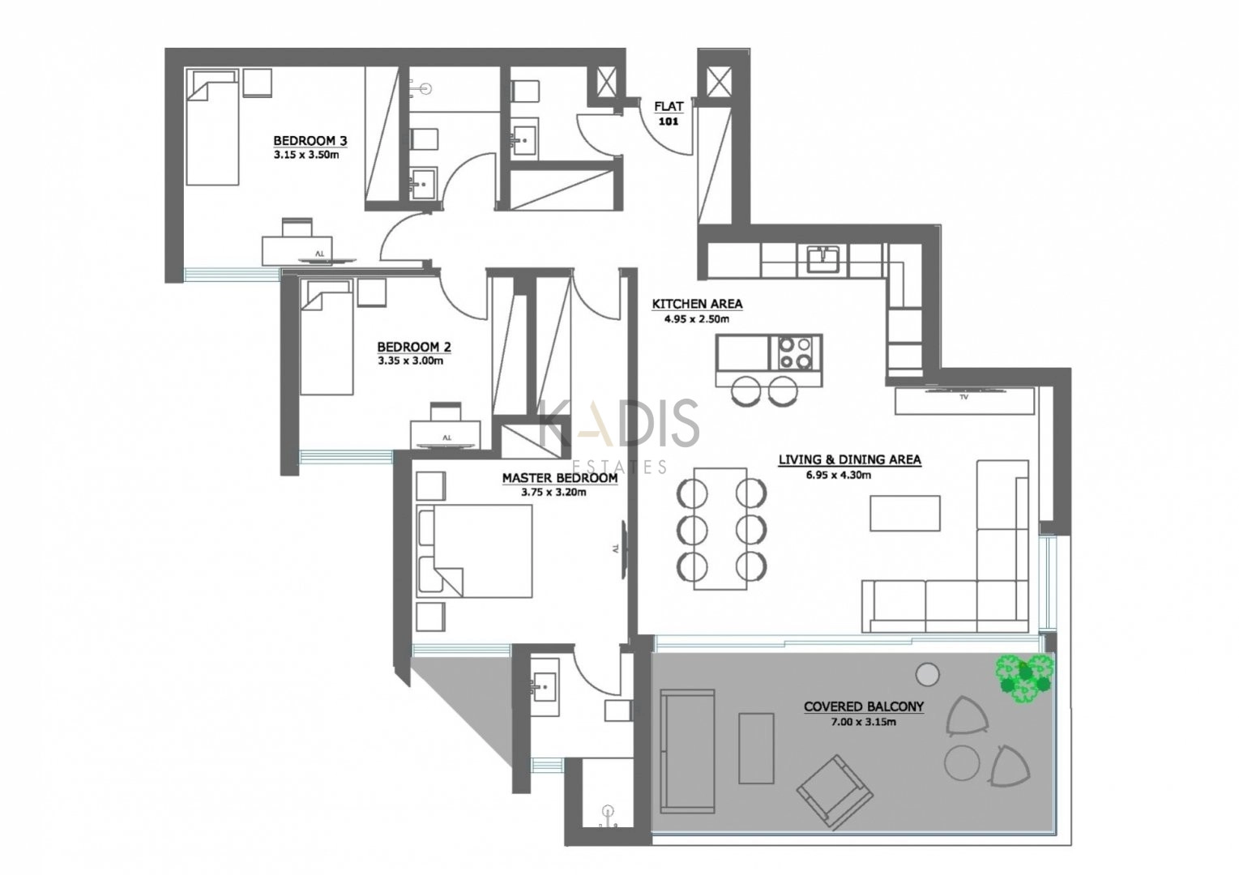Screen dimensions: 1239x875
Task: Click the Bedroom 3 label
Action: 310,140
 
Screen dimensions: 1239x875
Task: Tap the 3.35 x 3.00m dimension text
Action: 411,361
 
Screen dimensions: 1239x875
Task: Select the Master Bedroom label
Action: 560,478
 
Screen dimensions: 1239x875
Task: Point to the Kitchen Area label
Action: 697,304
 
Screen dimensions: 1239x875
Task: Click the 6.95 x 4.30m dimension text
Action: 839,475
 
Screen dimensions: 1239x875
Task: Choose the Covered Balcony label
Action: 864,706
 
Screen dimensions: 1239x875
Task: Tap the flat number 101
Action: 669,122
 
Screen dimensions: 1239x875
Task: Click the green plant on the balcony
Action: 1023,679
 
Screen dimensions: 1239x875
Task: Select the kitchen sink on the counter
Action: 824,259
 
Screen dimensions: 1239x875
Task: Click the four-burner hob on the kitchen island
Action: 796,353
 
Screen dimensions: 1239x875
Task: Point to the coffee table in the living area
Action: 905,514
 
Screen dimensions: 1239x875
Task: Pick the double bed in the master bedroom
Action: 475,551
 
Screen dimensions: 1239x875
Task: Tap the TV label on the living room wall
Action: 964,396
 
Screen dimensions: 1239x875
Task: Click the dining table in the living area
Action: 720,529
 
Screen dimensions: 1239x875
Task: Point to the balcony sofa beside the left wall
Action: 687,751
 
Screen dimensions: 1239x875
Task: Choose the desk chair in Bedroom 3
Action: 297,228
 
